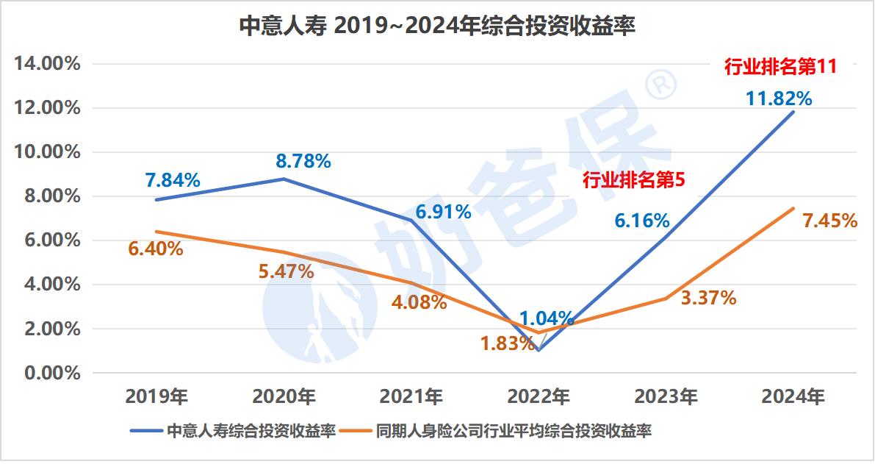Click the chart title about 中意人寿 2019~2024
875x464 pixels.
[437, 26]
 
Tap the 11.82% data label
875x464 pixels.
[779, 99]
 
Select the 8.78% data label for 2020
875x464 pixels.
[303, 160]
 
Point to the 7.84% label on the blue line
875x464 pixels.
[173, 180]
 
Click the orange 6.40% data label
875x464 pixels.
[156, 249]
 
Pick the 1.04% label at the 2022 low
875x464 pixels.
[547, 318]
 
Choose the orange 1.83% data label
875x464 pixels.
[508, 343]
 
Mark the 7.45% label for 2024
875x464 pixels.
[829, 220]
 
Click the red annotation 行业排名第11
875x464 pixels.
[780, 67]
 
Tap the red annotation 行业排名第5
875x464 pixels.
[633, 180]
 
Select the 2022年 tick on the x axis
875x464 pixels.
[539, 397]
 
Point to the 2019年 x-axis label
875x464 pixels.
[157, 397]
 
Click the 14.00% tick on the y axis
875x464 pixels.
[47, 64]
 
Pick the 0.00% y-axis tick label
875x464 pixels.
[51, 373]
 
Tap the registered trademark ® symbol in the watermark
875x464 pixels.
[660, 83]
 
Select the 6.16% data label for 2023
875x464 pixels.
[642, 220]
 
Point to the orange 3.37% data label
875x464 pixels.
[708, 298]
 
